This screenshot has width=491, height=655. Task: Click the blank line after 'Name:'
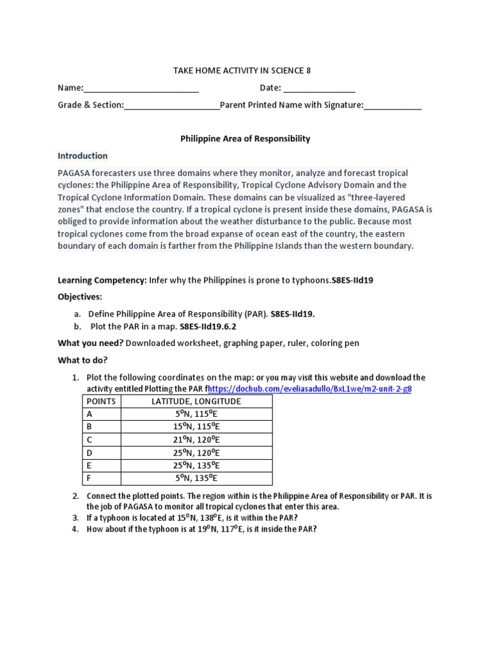pos(141,88)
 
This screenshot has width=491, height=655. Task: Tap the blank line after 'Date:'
pos(319,88)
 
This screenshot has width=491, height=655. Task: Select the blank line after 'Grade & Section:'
pos(171,106)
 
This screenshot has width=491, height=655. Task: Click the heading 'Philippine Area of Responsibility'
pos(245,138)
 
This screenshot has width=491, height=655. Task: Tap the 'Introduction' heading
pos(82,155)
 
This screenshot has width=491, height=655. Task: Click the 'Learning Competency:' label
pos(102,280)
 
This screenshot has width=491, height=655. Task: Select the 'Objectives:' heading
pos(80,297)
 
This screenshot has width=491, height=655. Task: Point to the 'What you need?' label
pos(90,343)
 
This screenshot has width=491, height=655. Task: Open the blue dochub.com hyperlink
pos(309,389)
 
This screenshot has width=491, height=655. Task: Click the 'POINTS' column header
pos(101,401)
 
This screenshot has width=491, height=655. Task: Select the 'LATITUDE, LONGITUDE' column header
pos(196,401)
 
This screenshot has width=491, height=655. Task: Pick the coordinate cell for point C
pos(196,439)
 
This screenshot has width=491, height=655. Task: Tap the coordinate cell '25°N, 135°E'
pos(196,465)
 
